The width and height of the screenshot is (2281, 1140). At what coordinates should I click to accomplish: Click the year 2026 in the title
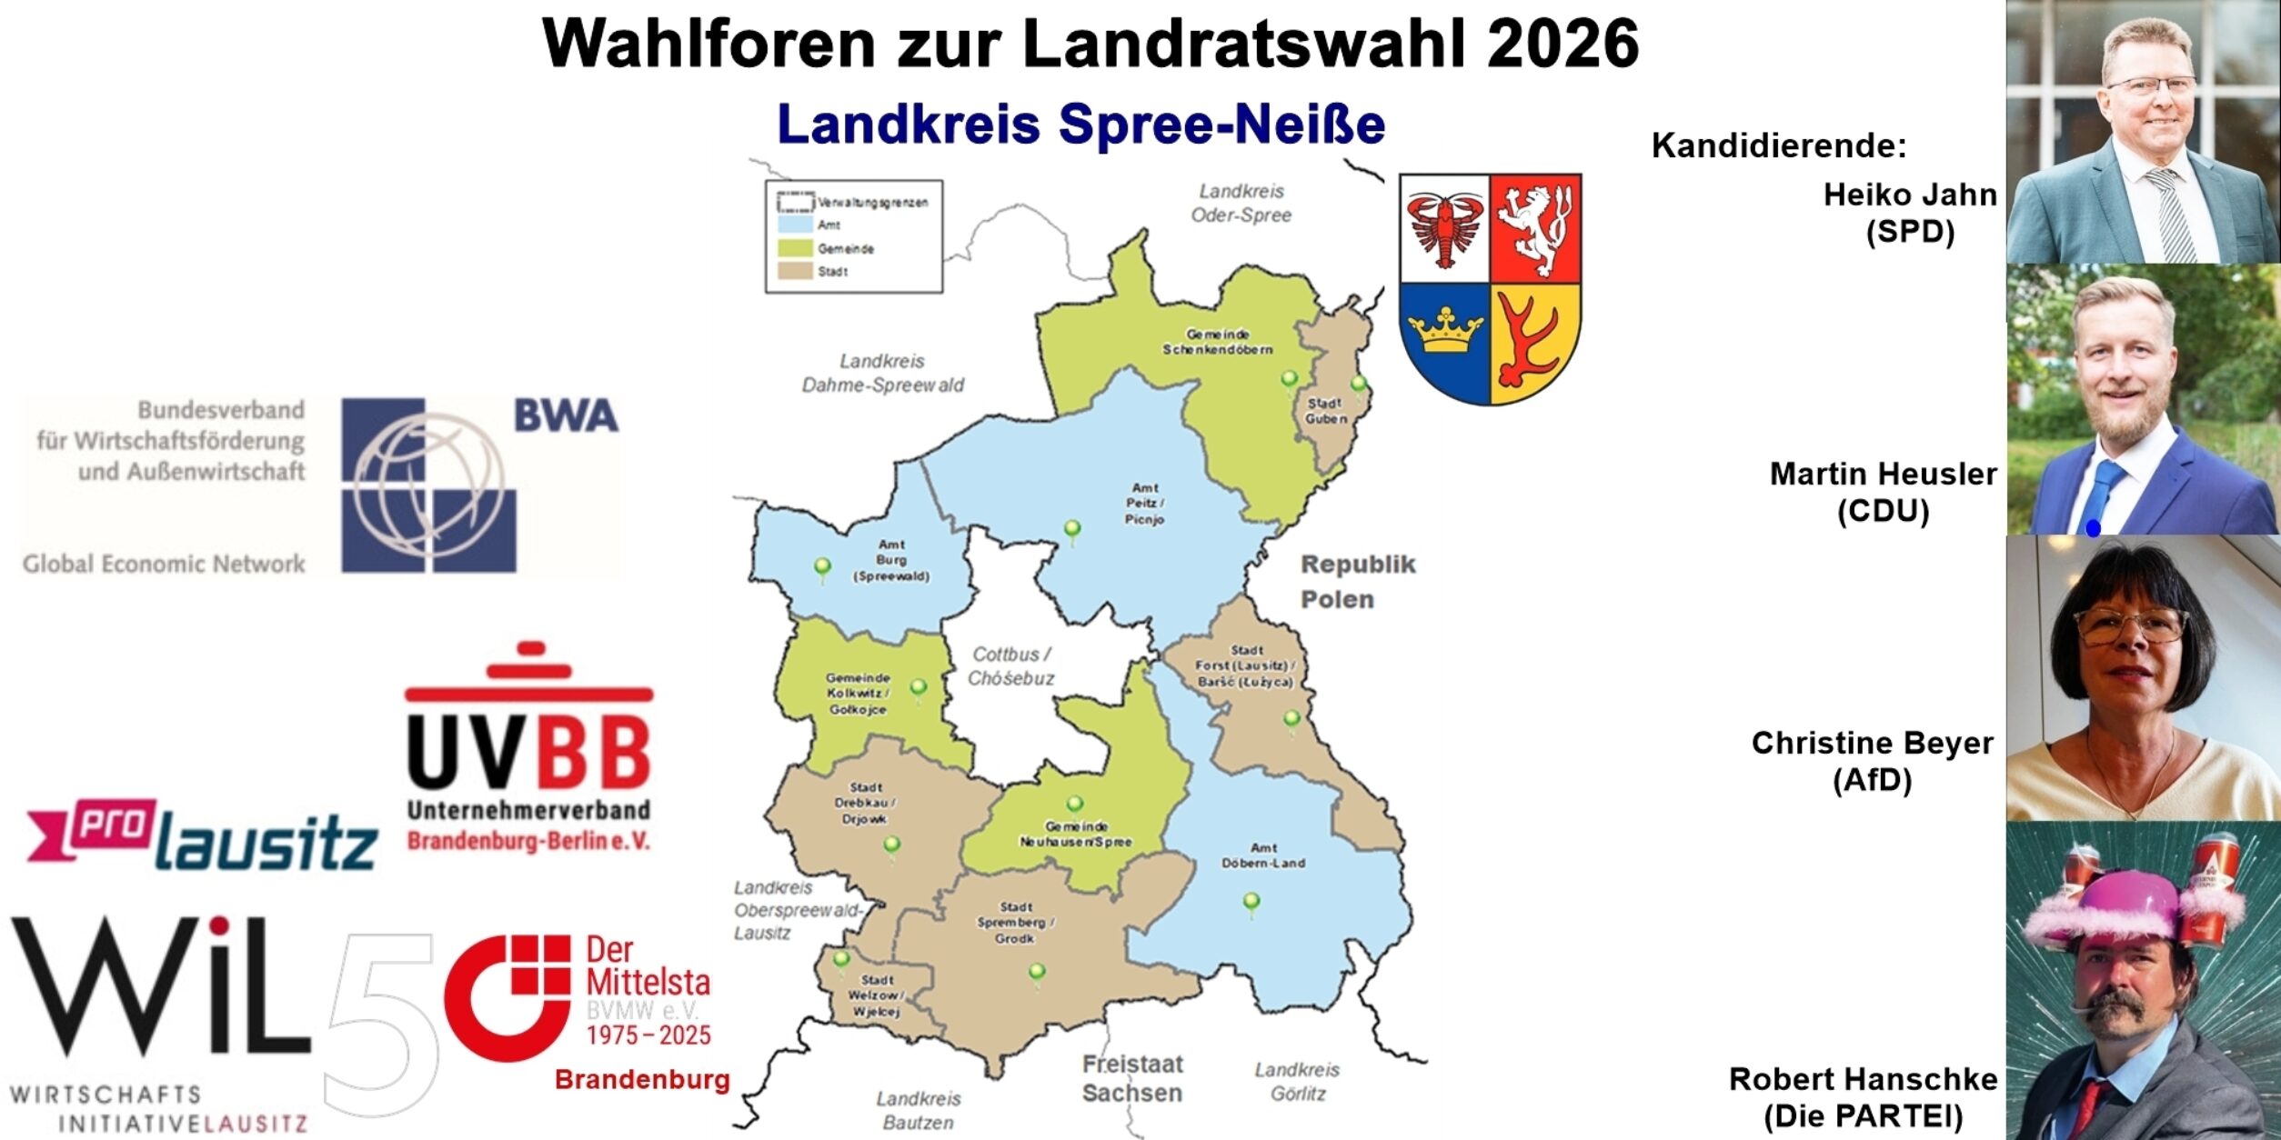click(x=1563, y=43)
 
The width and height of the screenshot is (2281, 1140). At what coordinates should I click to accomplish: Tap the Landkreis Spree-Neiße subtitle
click(x=1080, y=125)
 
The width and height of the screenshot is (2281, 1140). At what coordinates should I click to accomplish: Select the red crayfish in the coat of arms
click(x=1444, y=227)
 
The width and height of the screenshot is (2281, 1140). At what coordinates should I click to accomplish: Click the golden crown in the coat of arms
click(x=1444, y=332)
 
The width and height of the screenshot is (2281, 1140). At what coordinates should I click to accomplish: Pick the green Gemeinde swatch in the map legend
click(x=790, y=248)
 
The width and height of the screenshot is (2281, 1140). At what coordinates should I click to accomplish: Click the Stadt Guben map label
click(x=1325, y=410)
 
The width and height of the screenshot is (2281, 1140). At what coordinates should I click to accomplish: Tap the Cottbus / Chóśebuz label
click(x=1011, y=666)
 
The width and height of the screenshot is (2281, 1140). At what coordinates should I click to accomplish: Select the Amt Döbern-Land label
click(x=1263, y=855)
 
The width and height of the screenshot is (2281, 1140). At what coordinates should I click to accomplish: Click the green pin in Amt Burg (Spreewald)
click(x=822, y=567)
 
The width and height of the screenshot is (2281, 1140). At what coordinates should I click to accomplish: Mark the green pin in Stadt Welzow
click(x=841, y=959)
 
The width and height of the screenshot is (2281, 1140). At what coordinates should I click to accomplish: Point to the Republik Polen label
click(x=1356, y=582)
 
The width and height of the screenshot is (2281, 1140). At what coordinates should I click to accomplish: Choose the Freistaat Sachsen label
click(x=1131, y=1078)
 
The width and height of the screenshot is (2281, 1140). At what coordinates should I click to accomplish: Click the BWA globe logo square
click(x=428, y=485)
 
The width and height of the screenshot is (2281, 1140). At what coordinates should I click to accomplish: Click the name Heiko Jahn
click(x=1910, y=195)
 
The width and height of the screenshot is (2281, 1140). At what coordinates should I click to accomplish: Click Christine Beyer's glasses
click(x=2131, y=625)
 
